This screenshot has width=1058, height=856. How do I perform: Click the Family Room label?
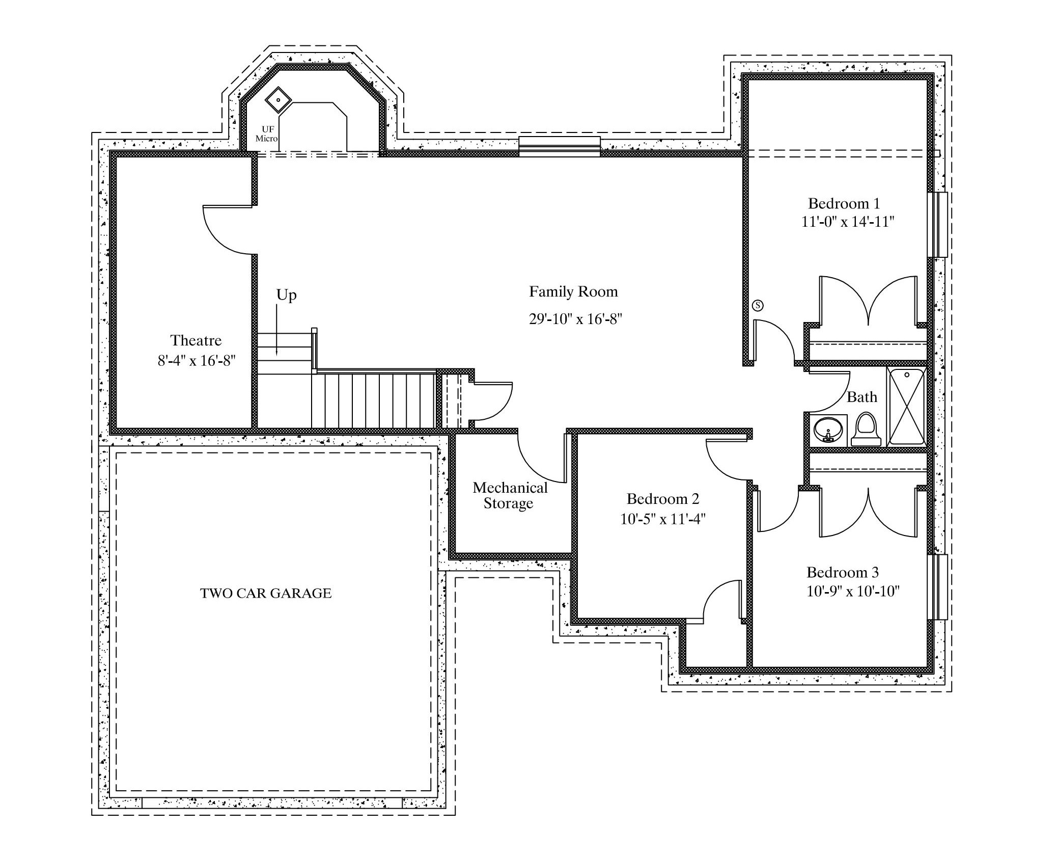tap(573, 292)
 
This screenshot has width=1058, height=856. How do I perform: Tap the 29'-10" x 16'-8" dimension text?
tap(576, 319)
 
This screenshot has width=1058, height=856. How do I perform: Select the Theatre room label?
tap(196, 340)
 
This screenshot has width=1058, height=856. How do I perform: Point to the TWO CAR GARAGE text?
tap(266, 593)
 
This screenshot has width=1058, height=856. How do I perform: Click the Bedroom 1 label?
tap(844, 204)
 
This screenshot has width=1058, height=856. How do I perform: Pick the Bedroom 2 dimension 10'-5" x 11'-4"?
tap(663, 519)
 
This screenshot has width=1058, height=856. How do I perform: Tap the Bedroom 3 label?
tap(843, 572)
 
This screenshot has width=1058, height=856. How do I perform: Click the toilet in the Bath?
tap(866, 429)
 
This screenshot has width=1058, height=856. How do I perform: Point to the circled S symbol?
tap(758, 306)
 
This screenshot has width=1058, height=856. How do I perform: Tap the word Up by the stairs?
tap(287, 296)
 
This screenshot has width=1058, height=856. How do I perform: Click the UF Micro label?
tap(267, 134)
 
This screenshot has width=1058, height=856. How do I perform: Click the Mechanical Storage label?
tap(510, 495)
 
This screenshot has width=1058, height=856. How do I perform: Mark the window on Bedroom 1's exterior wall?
tap(938, 225)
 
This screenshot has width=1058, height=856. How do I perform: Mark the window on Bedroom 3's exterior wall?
tap(938, 587)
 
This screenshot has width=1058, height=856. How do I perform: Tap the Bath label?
tap(862, 397)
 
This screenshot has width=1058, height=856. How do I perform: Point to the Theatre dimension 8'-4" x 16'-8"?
tap(197, 361)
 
